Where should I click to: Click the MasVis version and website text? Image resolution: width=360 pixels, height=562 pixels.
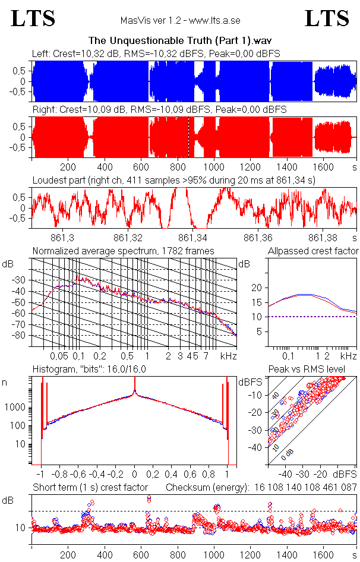point(180,20)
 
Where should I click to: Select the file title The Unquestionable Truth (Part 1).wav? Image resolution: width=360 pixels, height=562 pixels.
point(180,41)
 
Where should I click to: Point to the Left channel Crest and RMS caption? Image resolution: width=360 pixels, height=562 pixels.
point(156,53)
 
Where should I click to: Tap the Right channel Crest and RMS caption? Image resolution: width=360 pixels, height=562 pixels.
point(159,110)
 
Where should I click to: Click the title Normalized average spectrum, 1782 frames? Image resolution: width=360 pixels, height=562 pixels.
point(123,251)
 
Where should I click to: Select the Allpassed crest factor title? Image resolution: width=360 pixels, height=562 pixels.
point(313,251)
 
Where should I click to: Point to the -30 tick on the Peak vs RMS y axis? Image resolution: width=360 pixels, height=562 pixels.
point(256,430)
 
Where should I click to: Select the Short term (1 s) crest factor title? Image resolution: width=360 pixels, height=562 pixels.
point(90,487)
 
